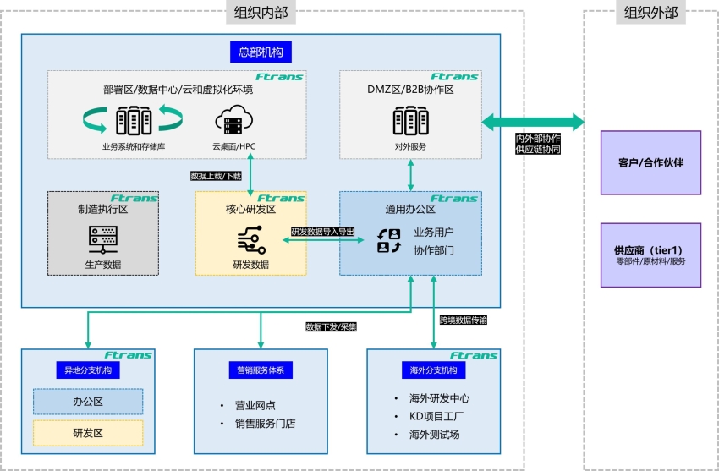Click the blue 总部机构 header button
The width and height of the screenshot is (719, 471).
[x=261, y=52]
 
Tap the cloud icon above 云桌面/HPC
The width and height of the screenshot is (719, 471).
[x=233, y=121]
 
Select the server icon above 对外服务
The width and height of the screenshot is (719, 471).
[x=411, y=121]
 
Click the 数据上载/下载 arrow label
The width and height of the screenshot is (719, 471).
[x=217, y=176]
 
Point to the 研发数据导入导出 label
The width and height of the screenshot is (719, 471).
[x=322, y=231]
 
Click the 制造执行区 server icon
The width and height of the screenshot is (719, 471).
[x=103, y=239]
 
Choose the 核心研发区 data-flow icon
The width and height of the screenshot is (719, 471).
[x=251, y=241]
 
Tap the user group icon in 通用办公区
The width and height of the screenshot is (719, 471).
[x=388, y=241]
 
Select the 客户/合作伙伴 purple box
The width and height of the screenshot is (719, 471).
[x=650, y=162]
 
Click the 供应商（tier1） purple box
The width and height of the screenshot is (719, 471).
[x=650, y=255]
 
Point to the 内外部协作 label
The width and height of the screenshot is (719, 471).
[x=538, y=138]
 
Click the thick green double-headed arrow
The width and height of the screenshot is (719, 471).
[x=532, y=122]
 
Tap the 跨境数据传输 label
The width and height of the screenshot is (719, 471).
[x=464, y=320]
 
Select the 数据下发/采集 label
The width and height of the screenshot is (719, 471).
[x=331, y=326]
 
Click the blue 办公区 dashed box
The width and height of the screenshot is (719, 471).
[x=88, y=402]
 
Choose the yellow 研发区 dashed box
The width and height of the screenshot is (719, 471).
[x=88, y=433]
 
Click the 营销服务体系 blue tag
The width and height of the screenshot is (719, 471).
[x=261, y=370]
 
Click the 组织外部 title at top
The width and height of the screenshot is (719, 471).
[x=650, y=12]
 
